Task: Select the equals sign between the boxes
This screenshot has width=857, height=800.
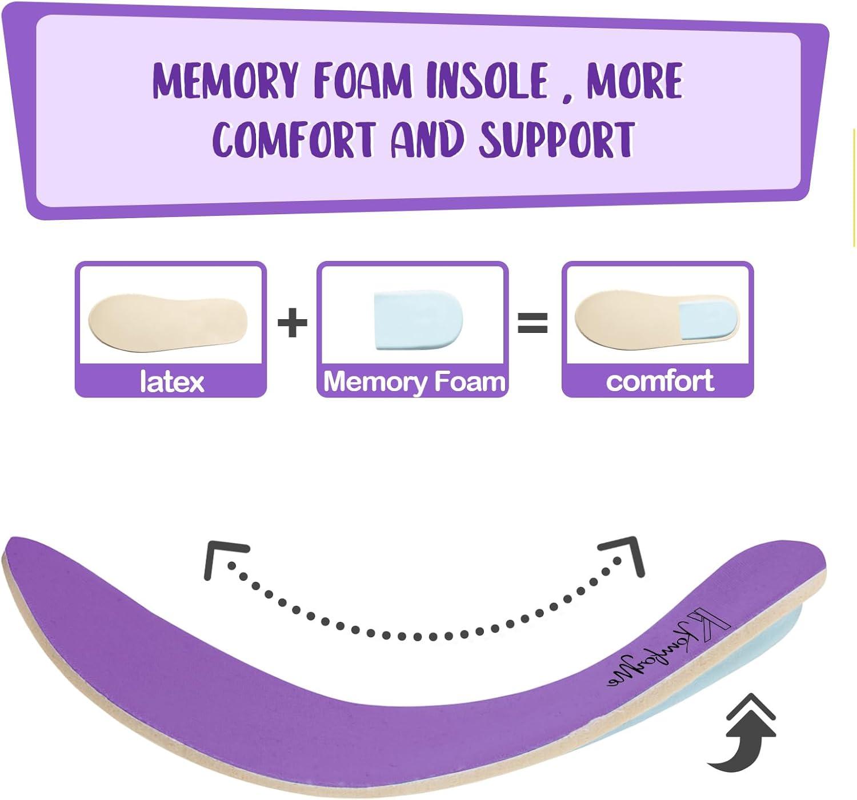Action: [x=532, y=323]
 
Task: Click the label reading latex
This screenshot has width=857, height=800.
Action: [x=171, y=381]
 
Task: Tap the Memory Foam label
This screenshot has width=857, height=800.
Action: [x=414, y=381]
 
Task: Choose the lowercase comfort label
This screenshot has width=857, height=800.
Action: [x=660, y=380]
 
